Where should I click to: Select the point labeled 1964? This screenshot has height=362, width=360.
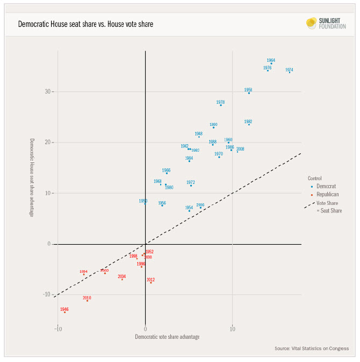[271, 63]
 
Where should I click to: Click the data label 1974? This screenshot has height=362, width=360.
[289, 70]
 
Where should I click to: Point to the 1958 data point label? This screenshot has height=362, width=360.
[248, 90]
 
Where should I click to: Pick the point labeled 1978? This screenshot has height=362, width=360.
[221, 105]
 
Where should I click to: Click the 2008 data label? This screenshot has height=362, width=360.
[240, 149]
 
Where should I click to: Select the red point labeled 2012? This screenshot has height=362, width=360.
[150, 282]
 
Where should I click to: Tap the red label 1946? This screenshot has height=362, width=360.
[64, 309]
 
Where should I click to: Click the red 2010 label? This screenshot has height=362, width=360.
[87, 297]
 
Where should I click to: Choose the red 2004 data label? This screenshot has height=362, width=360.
[122, 276]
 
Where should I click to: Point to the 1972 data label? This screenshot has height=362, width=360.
[191, 182]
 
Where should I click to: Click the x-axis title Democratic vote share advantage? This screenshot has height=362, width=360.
[167, 337]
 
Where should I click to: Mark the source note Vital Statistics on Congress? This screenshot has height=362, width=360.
[312, 349]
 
